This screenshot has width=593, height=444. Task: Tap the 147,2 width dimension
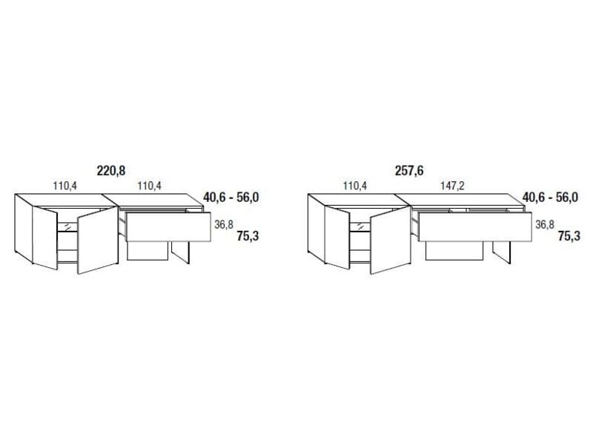pos(452,186)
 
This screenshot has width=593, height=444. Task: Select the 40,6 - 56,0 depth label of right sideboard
pos(550,198)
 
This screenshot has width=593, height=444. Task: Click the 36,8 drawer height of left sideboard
pos(224,226)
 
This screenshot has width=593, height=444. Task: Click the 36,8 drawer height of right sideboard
pos(545,226)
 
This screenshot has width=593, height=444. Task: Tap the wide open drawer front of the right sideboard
pos(474,226)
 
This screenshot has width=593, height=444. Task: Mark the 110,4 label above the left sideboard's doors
pos(64,186)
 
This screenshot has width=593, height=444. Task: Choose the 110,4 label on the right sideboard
pos(355,186)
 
